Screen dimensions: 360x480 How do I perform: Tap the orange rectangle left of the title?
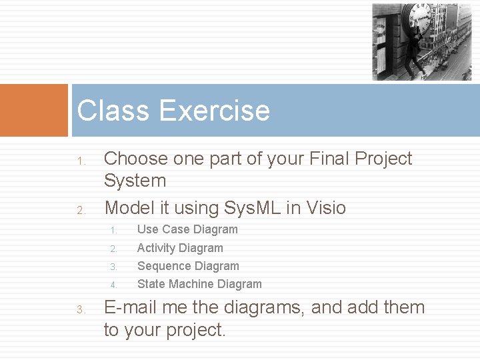click(x=34, y=110)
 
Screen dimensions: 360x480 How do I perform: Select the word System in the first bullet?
click(x=135, y=181)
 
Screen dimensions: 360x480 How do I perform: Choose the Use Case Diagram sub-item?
click(x=187, y=229)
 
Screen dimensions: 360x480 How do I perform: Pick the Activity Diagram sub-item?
click(x=180, y=248)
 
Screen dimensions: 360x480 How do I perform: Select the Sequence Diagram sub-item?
click(x=188, y=266)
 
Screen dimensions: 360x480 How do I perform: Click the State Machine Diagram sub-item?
click(x=199, y=284)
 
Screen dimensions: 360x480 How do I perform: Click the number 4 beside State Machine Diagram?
click(x=113, y=285)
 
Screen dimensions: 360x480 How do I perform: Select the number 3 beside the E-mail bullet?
click(x=79, y=309)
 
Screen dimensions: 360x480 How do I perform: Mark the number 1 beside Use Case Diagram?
click(x=113, y=231)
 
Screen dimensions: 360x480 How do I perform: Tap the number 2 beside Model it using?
click(x=79, y=211)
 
